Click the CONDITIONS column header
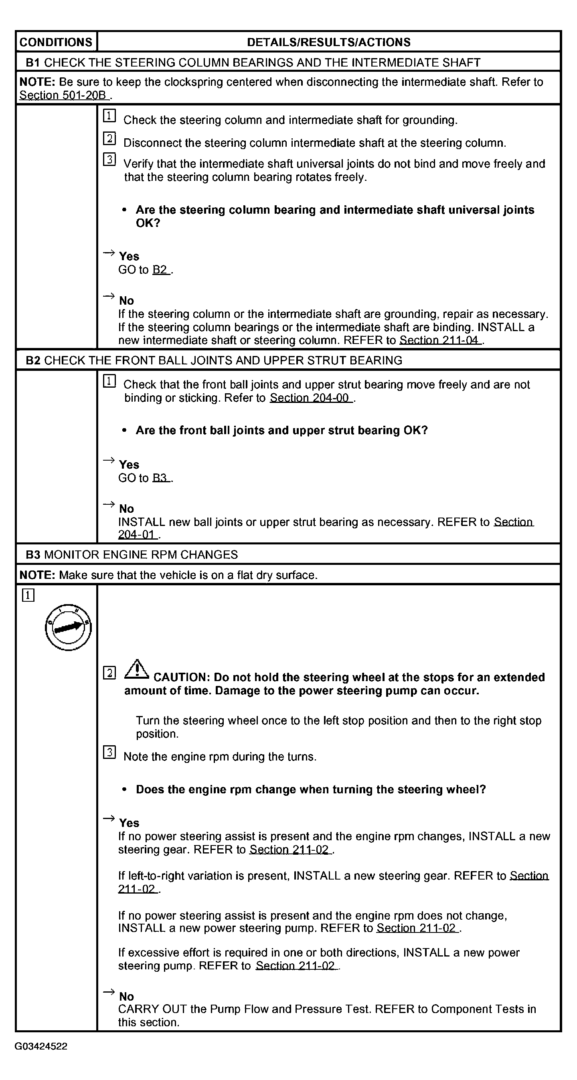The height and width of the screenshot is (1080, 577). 56,42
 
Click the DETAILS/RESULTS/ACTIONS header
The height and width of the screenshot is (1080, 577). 328,42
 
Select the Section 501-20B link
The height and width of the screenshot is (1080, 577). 63,95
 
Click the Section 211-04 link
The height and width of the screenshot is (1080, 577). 439,340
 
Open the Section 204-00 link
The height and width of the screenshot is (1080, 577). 310,397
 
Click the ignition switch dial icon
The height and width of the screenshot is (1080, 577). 68,627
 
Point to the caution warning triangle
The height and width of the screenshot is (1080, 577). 136,670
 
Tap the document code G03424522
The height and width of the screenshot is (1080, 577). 40,1046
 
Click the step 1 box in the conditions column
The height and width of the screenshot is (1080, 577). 28,595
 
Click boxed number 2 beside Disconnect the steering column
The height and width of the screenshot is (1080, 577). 109,138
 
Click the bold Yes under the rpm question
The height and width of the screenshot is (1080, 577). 129,823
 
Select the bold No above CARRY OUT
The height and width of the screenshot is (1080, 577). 126,997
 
